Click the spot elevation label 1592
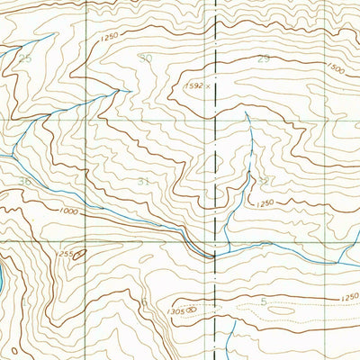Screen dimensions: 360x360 click(x=193, y=86)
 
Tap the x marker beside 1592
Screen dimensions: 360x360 click(x=208, y=86)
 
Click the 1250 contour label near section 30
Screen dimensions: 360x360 click(x=110, y=36)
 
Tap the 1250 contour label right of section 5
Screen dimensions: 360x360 click(x=349, y=297)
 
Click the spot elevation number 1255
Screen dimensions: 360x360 click(x=66, y=256)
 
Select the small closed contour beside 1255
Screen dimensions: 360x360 click(x=80, y=256)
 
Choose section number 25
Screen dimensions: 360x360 click(x=24, y=58)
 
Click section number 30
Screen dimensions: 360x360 click(x=146, y=58)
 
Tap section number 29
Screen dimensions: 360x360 click(x=264, y=58)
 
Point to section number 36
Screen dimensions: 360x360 click(x=24, y=181)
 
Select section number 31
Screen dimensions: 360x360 click(x=144, y=181)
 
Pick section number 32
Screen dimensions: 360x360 click(x=264, y=180)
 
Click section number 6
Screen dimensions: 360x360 click(x=144, y=301)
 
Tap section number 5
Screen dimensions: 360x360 click(x=263, y=301)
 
